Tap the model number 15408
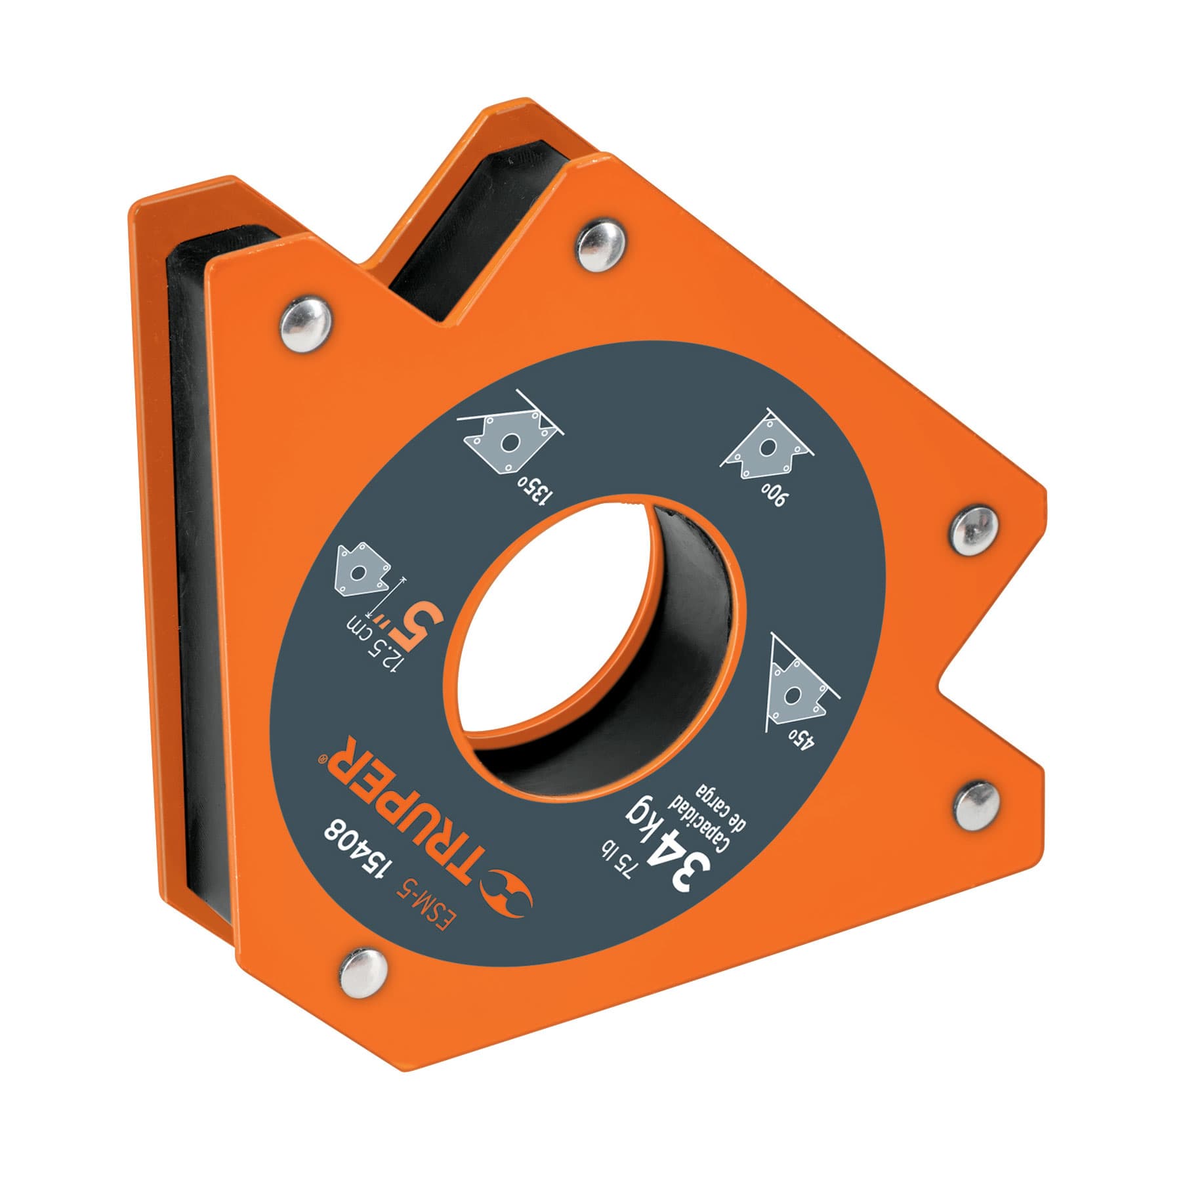[x=363, y=854]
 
